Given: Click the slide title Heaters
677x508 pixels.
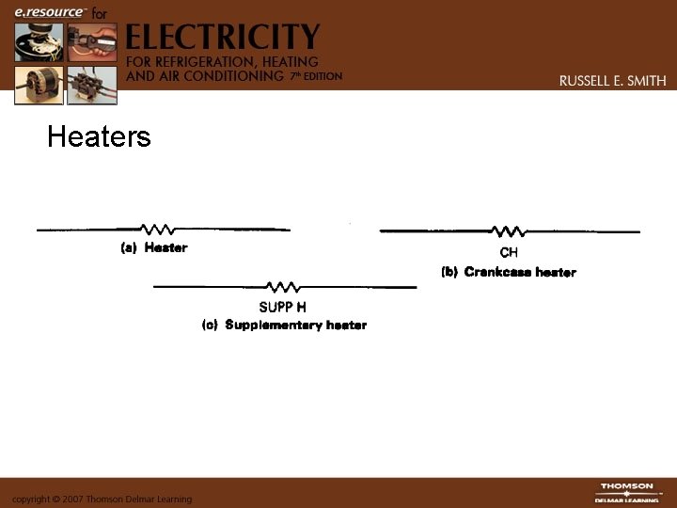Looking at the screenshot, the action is [99, 137].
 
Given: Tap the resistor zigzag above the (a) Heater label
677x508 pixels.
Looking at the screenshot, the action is [156, 230].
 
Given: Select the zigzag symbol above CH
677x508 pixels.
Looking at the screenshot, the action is [509, 231].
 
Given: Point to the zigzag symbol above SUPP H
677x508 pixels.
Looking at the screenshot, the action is [283, 287].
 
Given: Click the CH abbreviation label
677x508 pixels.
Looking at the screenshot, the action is [509, 252].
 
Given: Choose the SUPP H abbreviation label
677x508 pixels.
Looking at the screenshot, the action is [282, 307].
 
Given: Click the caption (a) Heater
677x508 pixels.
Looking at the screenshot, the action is [154, 248].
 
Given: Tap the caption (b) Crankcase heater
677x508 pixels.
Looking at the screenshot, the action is [509, 272].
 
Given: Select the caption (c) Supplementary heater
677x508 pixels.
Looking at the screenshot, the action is [285, 325].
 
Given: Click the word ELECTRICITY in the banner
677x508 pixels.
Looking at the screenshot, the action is [222, 39].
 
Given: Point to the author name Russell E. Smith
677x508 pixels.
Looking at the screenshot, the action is [612, 81].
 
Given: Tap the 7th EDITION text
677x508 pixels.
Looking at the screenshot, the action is [315, 75].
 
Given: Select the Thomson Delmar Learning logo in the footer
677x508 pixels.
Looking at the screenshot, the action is [626, 492].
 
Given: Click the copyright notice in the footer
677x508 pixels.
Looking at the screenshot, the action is [102, 499].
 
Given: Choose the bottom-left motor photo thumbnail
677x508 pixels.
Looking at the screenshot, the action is [39, 85].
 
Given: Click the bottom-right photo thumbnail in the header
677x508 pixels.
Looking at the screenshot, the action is [93, 85].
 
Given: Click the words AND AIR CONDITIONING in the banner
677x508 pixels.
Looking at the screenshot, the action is [204, 75].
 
